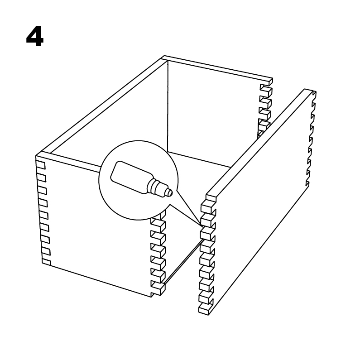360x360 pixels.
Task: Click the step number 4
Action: coord(35,36)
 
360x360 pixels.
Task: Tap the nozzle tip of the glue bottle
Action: coord(169,192)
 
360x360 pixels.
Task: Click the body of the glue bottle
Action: coord(131,177)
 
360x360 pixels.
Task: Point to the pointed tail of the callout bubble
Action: coord(202,226)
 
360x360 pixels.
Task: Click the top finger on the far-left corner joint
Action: coord(40,165)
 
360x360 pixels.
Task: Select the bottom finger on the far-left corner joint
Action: coord(47,262)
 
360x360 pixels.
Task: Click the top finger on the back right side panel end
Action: coord(266,88)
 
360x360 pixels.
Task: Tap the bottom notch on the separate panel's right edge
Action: coord(307,184)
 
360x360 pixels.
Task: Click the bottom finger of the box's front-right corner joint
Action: coord(158,290)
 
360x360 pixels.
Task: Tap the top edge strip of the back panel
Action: coord(218,68)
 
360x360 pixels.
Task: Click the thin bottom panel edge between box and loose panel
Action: coord(184,260)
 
